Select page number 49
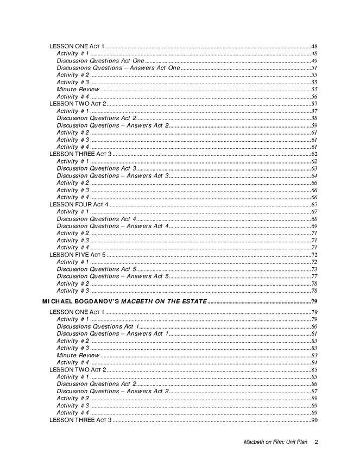(314, 61)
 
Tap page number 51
(314, 68)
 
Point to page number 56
(314, 97)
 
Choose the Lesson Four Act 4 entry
(79, 204)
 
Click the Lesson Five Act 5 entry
(77, 255)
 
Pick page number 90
(314, 420)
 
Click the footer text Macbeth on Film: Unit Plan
(275, 441)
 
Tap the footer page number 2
(316, 441)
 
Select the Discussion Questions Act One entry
(100, 61)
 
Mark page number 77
(314, 276)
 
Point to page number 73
(314, 269)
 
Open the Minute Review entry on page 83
(78, 355)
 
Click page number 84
(314, 362)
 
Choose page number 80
(314, 326)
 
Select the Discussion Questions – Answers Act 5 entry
(113, 276)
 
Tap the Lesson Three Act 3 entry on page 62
(80, 154)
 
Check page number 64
(314, 175)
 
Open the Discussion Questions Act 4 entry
(96, 219)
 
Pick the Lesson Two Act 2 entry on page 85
(78, 369)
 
